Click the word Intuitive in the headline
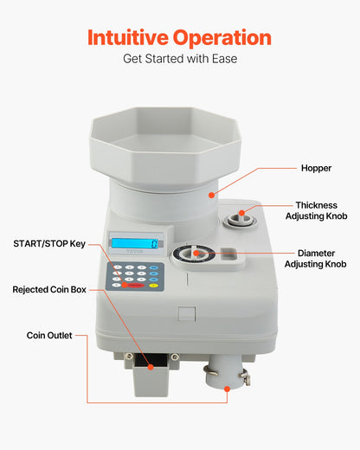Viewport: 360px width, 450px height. pos(131,38)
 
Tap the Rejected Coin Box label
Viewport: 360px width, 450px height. pos(48,288)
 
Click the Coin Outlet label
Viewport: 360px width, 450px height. pos(48,334)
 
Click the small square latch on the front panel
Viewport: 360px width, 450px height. pos(185,316)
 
